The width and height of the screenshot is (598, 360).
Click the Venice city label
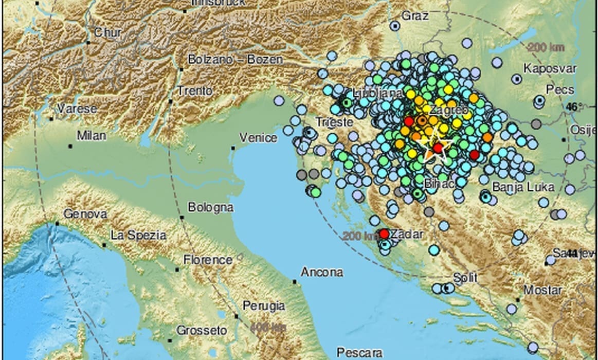point(258,137)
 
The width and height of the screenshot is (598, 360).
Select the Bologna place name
point(210,208)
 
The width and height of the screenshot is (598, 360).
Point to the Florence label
point(208,259)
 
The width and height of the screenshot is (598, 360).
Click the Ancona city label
point(321,272)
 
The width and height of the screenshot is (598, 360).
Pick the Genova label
point(85,214)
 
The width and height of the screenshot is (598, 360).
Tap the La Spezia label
point(138,236)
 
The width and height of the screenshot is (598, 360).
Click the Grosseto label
point(202,330)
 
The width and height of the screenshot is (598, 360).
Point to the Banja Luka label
point(516,187)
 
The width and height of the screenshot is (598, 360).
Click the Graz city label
point(415,16)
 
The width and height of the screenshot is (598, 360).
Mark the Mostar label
point(543,290)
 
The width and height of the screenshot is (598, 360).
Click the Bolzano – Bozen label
point(235,59)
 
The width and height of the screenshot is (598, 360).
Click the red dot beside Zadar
point(384,234)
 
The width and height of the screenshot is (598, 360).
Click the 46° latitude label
point(572,107)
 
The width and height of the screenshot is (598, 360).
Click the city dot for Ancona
point(295,281)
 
